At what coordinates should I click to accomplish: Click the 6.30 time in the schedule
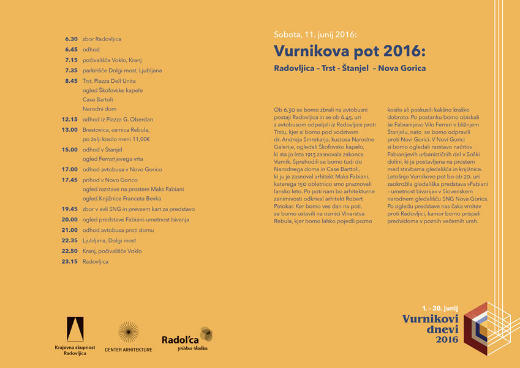(x=71, y=39)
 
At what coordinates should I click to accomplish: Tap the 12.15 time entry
(x=70, y=119)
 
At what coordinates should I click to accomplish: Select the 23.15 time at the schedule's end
(x=70, y=261)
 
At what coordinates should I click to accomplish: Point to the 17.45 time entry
(x=70, y=179)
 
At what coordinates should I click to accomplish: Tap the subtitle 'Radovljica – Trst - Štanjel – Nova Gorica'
(x=350, y=68)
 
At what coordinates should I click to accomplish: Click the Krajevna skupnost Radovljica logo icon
(x=75, y=329)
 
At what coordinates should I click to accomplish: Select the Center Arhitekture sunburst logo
(x=128, y=332)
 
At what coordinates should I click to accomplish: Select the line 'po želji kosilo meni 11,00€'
(x=116, y=139)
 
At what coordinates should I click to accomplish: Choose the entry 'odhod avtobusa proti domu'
(x=120, y=229)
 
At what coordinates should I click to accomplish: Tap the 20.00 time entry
(x=70, y=219)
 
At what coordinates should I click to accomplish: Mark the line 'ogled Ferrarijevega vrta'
(x=113, y=159)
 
